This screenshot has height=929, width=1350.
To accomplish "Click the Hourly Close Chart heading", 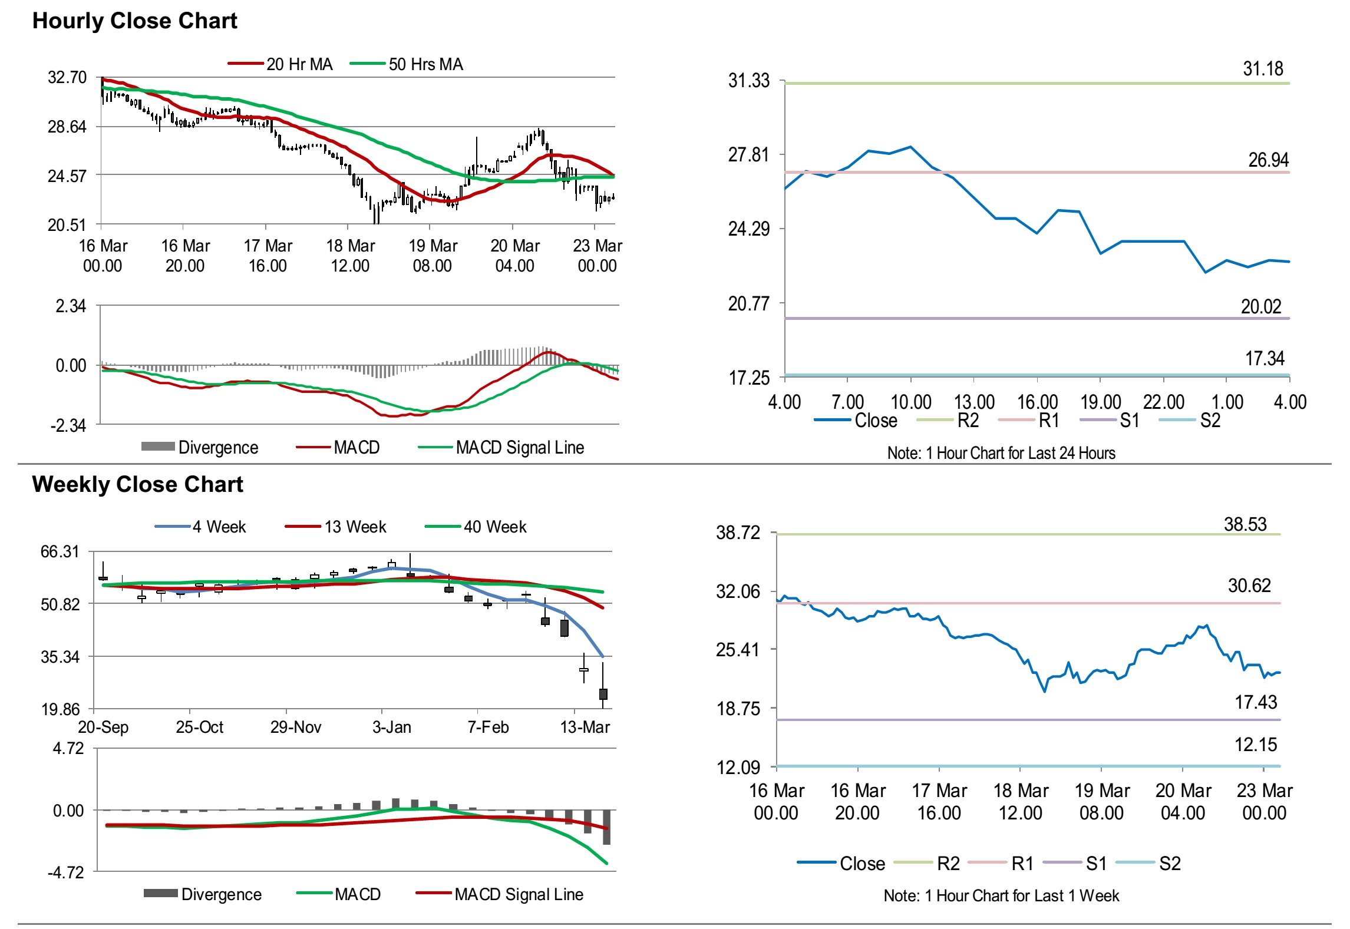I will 134,21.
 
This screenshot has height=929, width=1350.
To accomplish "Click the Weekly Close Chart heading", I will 137,484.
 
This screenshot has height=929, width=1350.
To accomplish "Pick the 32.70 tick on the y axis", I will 67,78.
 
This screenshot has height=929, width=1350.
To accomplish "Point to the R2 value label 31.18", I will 1263,69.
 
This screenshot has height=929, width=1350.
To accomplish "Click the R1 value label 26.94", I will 1268,160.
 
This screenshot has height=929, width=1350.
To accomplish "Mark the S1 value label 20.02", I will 1261,306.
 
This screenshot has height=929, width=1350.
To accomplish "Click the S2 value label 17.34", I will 1265,358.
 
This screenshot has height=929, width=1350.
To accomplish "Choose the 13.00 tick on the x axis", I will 974,402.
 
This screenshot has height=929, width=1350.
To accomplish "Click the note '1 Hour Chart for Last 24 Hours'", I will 1001,453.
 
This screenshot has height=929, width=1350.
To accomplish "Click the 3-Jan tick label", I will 392,727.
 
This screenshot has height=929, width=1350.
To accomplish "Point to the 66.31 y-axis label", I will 60,552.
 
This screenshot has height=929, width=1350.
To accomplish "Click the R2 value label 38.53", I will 1245,524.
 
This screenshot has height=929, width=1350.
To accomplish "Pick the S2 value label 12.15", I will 1256,745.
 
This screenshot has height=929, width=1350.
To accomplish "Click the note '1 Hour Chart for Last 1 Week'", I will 1001,895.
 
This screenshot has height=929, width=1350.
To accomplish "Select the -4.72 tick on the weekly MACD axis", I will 66,872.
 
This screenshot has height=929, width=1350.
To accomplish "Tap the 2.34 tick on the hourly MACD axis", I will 71,306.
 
